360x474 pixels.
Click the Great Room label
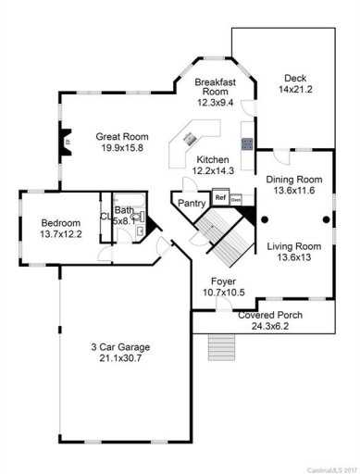116,137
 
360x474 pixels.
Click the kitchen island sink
189,140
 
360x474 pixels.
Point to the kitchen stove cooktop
247,143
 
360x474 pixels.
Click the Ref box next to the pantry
220,197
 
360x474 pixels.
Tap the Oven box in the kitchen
236,199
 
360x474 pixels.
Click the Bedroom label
60,223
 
